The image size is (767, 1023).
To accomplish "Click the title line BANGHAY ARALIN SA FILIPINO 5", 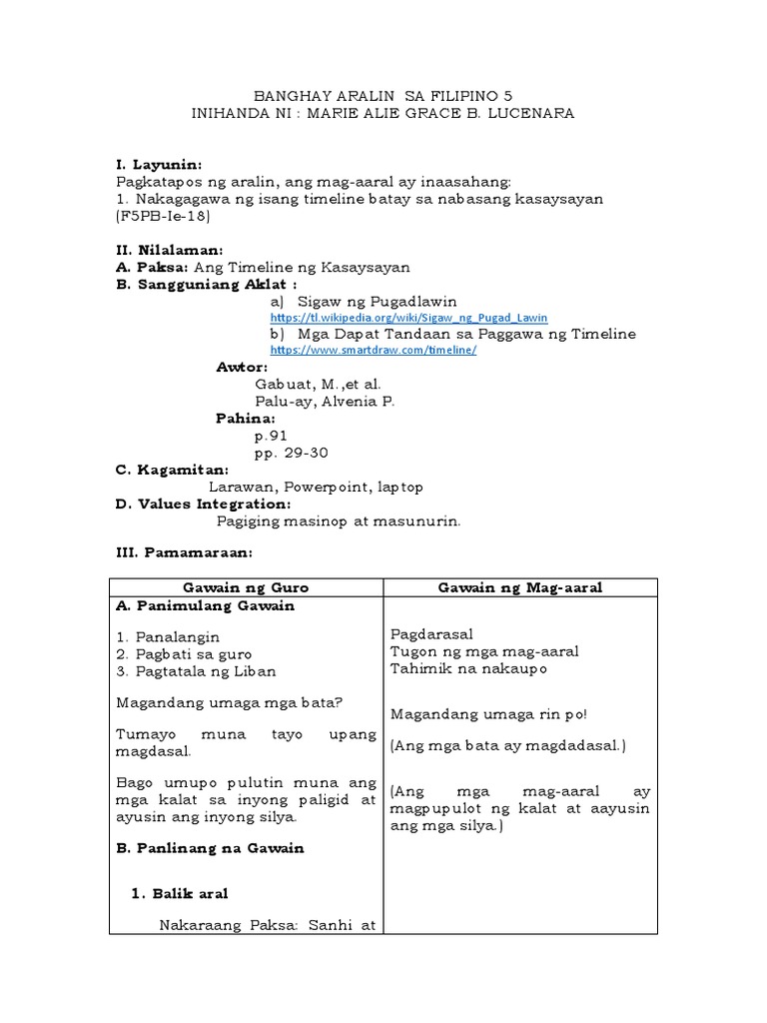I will [383, 95].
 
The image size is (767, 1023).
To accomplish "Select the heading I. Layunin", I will [159, 163].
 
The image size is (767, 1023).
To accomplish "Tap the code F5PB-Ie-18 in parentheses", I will [164, 216].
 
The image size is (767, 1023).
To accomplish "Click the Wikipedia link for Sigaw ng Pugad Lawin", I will [408, 318].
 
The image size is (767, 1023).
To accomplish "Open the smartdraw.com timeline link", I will [374, 351].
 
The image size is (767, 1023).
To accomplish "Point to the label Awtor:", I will [242, 367].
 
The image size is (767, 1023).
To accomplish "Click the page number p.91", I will [272, 436].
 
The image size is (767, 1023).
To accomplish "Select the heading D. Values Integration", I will [203, 504].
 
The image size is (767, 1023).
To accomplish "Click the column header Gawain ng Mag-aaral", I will [520, 588].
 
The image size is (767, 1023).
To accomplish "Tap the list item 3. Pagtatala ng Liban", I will [196, 671].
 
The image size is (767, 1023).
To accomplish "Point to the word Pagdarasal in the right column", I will [431, 634].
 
